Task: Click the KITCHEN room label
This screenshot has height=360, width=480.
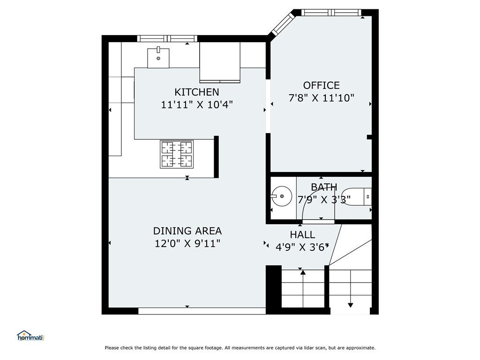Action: click(197, 92)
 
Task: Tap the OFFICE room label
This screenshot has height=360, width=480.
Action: click(322, 85)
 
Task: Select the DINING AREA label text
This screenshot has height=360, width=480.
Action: click(187, 231)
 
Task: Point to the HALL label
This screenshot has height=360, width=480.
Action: click(302, 235)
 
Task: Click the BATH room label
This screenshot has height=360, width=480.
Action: click(324, 187)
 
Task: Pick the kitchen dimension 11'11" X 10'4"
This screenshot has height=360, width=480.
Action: click(197, 105)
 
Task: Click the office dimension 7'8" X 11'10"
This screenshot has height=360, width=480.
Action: click(322, 98)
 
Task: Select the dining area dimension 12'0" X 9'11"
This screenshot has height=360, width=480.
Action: click(187, 244)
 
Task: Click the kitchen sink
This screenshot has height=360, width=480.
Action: click(158, 58)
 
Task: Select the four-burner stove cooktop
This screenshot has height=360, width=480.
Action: click(177, 154)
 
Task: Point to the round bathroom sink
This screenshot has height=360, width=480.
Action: click(281, 196)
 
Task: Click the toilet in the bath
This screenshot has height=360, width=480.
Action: click(357, 196)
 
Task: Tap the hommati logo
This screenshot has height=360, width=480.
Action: click(30, 336)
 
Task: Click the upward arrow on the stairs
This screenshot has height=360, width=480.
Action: click(303, 288)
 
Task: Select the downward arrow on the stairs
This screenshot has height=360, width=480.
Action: click(351, 288)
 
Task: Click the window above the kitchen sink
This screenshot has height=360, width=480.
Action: click(167, 38)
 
